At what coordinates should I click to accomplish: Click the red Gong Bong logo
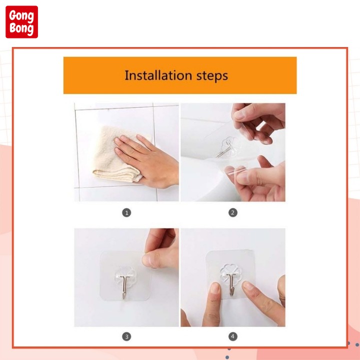point(21,22)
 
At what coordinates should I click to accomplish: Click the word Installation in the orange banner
point(158,75)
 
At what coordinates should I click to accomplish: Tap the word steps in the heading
point(212,76)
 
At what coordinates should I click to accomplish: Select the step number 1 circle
point(126,212)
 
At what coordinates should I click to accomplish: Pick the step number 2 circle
point(233,212)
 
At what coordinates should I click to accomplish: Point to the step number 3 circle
point(126,336)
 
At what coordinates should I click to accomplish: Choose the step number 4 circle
point(233,336)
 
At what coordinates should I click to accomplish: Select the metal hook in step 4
point(231,284)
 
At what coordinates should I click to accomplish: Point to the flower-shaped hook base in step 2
point(229,147)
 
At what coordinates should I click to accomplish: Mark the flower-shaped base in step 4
point(230,275)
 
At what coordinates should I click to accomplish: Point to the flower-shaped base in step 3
point(125,279)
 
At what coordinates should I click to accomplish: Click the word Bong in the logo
point(21,28)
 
